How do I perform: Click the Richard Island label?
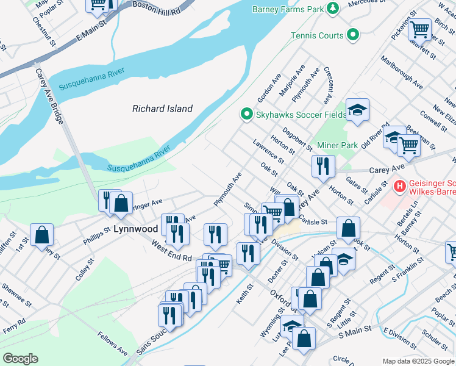coord(162,109)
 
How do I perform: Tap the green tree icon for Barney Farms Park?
coord(333,8)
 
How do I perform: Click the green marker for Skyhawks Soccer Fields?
coord(246,114)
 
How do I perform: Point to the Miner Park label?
coord(338,146)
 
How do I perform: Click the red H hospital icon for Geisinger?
coord(400,185)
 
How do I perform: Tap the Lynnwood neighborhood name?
coord(136,229)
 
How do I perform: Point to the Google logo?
coord(20,359)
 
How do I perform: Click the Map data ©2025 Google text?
coord(418,361)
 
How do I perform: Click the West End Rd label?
coord(172,249)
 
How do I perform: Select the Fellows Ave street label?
coord(113,344)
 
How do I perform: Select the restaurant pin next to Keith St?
coord(248,253)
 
